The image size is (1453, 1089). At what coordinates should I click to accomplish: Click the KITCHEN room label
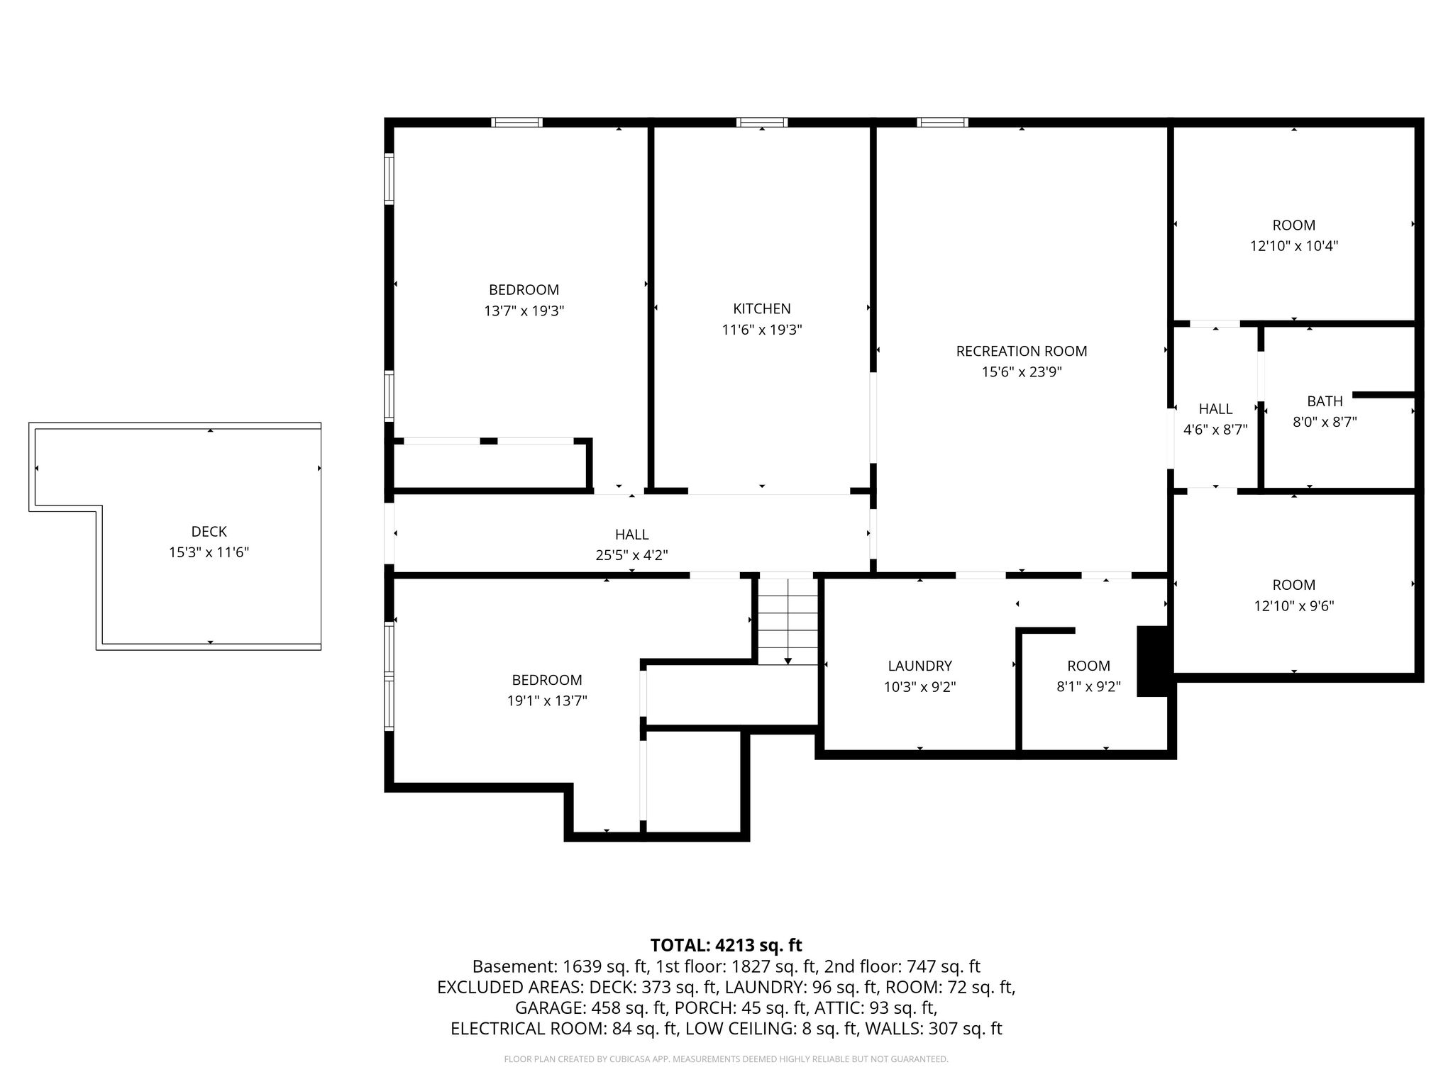click(761, 308)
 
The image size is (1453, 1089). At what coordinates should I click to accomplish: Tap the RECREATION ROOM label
click(1021, 351)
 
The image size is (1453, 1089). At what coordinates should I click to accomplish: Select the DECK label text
click(209, 531)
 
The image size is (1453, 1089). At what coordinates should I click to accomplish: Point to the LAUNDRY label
click(919, 666)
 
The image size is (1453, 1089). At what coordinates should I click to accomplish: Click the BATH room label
click(1325, 401)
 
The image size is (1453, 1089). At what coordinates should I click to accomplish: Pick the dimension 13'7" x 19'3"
click(524, 311)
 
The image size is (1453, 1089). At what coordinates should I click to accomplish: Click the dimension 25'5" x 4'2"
click(631, 555)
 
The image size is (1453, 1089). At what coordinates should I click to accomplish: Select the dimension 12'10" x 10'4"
click(1294, 246)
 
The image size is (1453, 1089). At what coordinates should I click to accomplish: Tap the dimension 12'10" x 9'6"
click(1294, 606)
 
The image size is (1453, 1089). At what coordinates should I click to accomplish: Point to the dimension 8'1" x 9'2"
click(1088, 686)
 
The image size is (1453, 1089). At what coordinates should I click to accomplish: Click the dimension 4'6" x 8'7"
click(1215, 430)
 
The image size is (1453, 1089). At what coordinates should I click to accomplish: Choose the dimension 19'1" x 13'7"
click(547, 700)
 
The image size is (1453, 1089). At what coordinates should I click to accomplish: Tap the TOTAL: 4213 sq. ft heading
click(726, 945)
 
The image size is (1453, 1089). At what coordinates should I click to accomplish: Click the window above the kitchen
click(762, 122)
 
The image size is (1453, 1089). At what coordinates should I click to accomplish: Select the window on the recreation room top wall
click(942, 122)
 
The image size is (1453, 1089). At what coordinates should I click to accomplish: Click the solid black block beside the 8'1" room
click(1152, 661)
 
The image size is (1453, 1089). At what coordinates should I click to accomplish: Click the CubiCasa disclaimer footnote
click(726, 1059)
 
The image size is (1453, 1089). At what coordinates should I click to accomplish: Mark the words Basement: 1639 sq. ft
click(560, 966)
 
